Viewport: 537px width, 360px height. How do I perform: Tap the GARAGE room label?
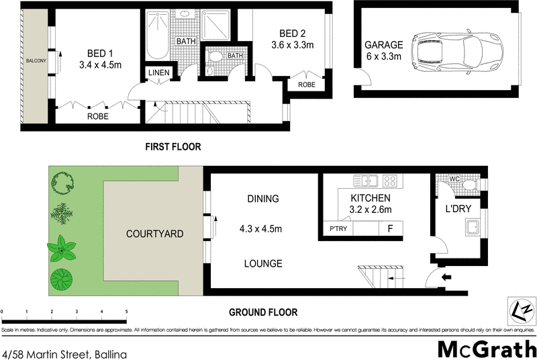(x=383, y=45)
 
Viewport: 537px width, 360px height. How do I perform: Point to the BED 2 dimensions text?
(x=293, y=46)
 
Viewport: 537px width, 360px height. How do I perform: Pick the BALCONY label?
(x=36, y=61)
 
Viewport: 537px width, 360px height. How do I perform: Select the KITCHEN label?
(x=371, y=198)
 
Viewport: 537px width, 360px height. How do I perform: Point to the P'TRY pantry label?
(x=338, y=230)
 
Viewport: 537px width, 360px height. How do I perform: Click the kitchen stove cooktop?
(x=389, y=180)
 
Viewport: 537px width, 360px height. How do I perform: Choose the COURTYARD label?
(x=154, y=234)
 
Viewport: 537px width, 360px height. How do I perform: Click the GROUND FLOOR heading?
(x=263, y=312)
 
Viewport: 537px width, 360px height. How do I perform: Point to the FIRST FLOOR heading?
(x=173, y=146)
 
